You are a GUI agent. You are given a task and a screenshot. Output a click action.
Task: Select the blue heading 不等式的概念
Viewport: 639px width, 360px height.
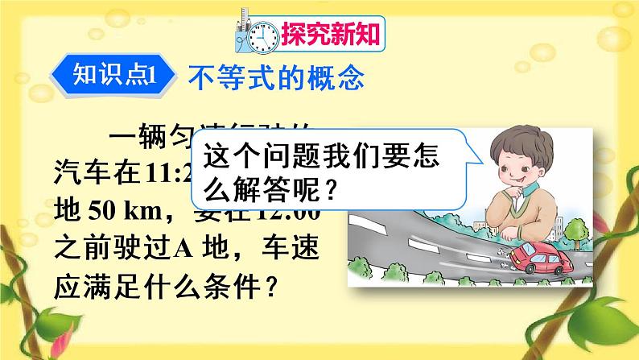(x=276, y=77)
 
